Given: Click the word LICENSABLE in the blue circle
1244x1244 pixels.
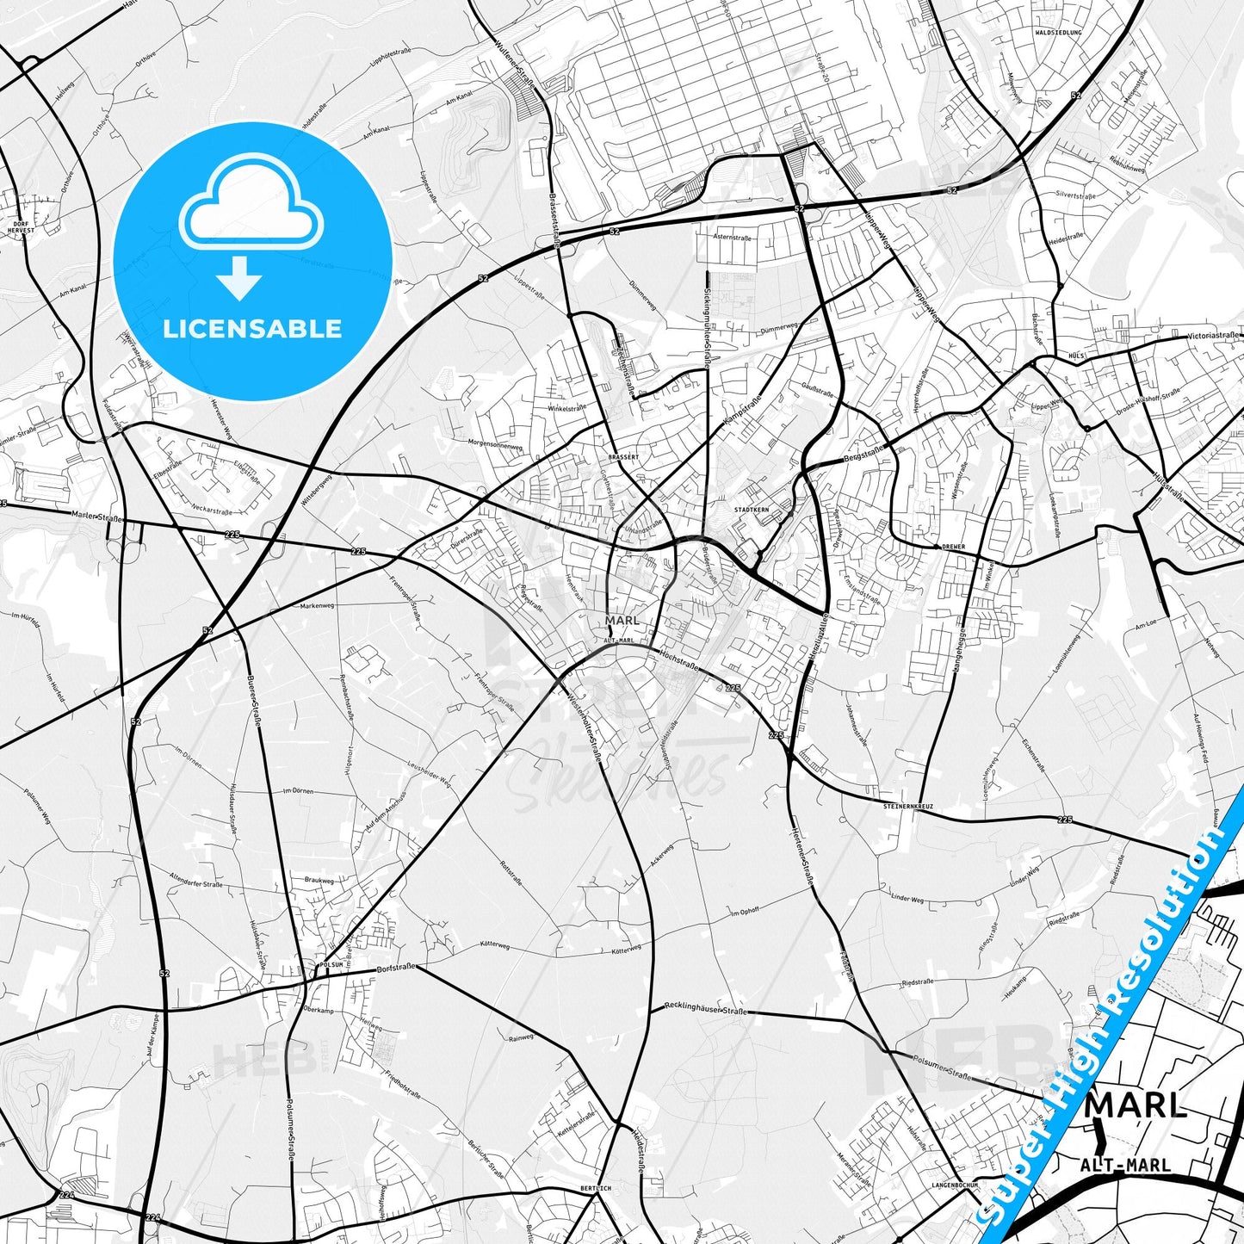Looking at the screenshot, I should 252,328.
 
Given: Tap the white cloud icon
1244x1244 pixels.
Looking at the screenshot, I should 251,206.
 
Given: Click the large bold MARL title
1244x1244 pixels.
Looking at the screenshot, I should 1136,1105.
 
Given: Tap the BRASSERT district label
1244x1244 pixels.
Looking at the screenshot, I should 623,457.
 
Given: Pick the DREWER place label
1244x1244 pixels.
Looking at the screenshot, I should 954,547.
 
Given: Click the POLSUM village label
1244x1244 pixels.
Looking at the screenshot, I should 331,965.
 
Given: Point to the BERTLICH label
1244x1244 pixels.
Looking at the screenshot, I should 596,1188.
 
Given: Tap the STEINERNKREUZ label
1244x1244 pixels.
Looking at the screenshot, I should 909,807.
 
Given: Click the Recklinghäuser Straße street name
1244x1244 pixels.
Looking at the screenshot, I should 706,1008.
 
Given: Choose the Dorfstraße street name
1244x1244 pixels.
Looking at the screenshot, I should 396,969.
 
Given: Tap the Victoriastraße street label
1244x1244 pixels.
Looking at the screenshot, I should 1213,336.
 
